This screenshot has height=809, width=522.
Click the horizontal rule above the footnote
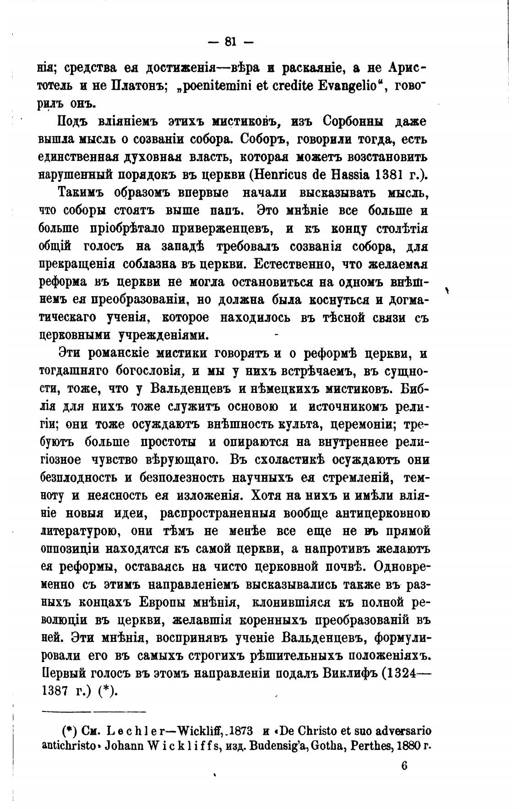click(93, 712)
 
